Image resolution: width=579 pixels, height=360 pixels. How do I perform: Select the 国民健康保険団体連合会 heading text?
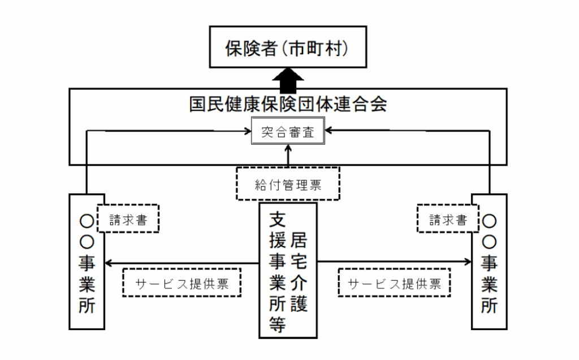pos(288,105)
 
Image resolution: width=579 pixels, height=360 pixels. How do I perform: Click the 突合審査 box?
pos(288,133)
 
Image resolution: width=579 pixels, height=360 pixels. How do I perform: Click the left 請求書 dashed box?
pos(128,218)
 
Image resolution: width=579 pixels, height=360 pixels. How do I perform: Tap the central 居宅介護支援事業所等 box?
pos(288,271)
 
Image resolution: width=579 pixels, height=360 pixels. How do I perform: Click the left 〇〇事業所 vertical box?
pos(87,262)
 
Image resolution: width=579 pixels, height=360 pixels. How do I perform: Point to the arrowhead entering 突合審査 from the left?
pos(248,132)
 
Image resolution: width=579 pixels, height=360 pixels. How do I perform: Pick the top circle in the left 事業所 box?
pos(87,220)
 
